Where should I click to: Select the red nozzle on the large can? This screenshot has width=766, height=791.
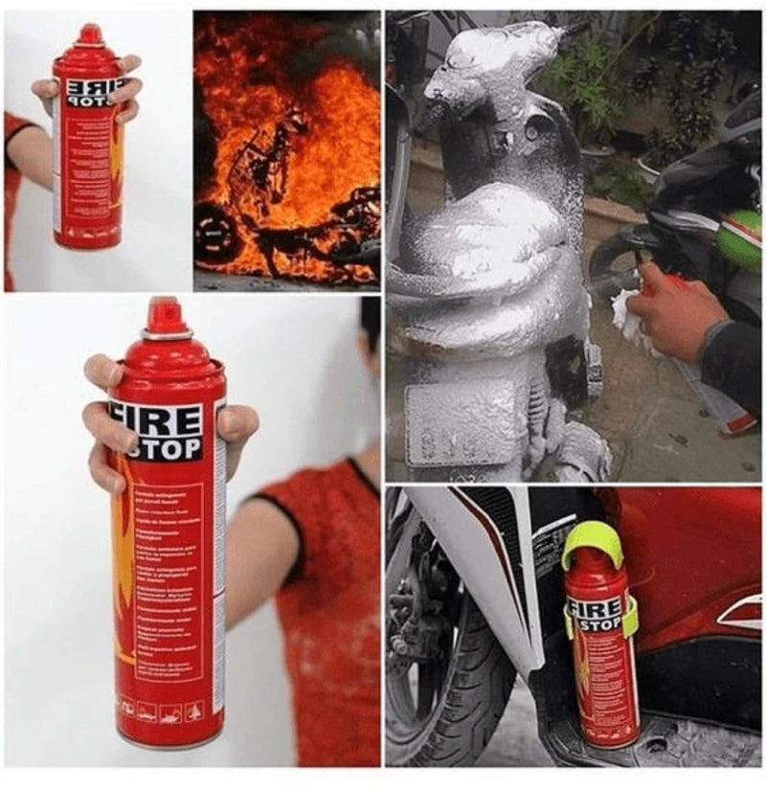point(165,316)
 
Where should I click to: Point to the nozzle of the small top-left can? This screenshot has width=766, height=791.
point(91,34)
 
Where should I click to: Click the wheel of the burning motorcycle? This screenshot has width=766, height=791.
point(216,234)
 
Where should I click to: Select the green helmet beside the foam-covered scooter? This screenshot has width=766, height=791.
point(740,239)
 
